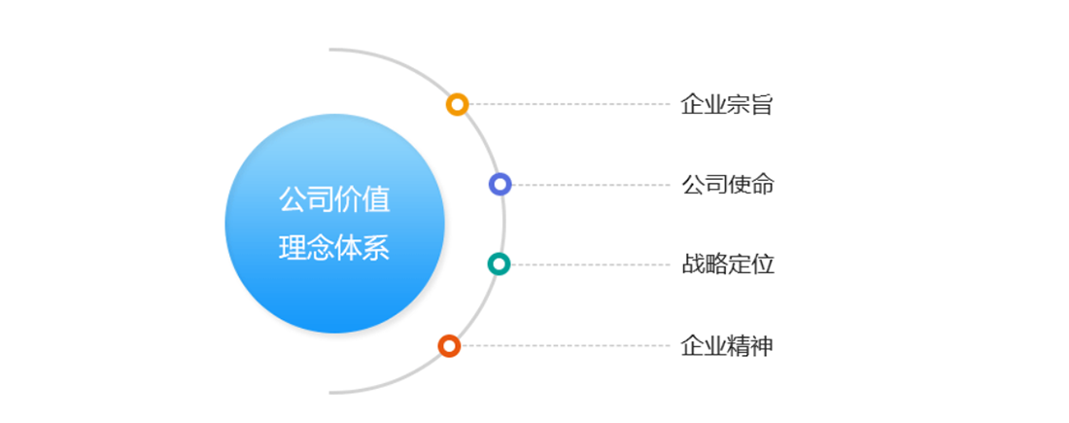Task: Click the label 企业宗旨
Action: (x=727, y=105)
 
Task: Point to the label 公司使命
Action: (x=728, y=184)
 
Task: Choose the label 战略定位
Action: (x=728, y=264)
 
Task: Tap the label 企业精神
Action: (x=727, y=346)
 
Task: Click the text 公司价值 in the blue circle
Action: (x=334, y=200)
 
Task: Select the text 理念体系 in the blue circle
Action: (x=334, y=248)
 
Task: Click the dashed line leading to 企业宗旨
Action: (x=569, y=104)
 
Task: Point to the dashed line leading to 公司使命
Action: (x=591, y=184)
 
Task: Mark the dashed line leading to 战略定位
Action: (x=591, y=264)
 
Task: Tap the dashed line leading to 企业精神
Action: (x=566, y=346)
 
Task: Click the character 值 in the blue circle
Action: (x=377, y=200)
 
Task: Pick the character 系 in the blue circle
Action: (x=377, y=248)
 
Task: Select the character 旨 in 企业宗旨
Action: (x=762, y=105)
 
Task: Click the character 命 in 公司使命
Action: (x=763, y=184)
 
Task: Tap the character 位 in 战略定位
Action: (x=763, y=264)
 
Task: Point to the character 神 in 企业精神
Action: (x=762, y=346)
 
